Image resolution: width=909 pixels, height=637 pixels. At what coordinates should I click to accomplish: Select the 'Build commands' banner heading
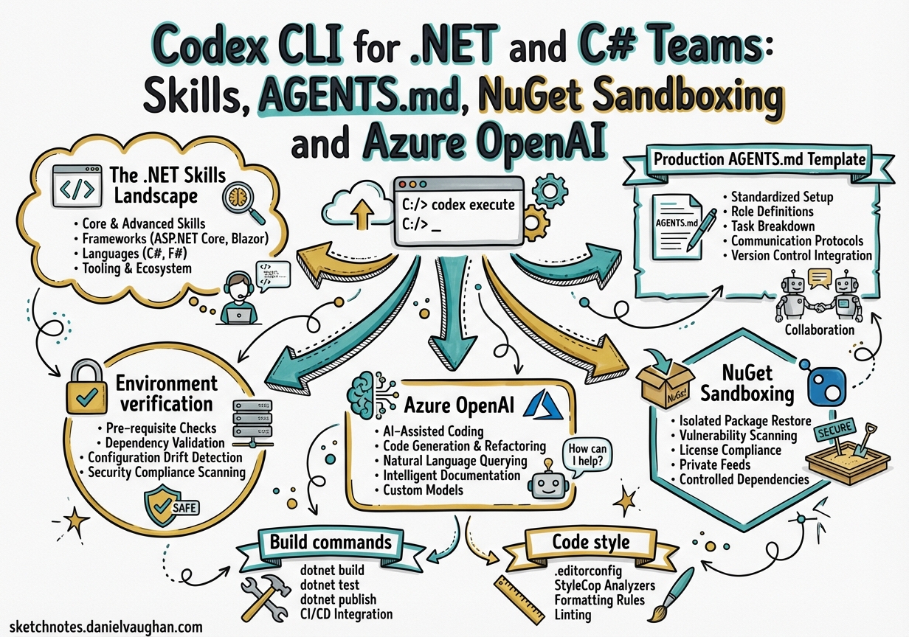331,542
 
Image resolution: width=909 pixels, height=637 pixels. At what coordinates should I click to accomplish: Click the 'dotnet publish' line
339,599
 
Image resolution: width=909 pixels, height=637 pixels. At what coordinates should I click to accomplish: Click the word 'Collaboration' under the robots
819,329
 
